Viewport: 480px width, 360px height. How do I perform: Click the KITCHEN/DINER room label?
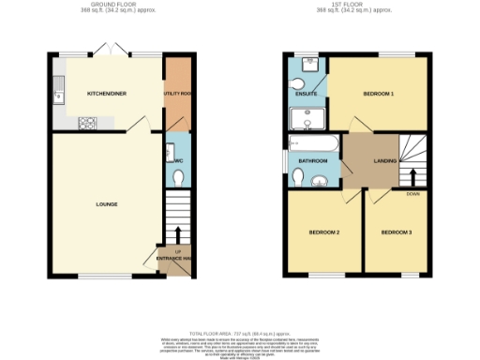tap(107, 95)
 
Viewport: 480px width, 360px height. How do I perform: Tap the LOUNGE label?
tap(106, 203)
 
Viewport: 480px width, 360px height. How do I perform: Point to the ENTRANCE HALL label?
tap(175, 259)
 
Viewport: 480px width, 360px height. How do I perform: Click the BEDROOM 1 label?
tap(379, 95)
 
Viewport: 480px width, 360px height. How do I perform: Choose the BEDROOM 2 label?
tap(324, 232)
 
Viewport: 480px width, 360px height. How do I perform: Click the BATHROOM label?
tap(313, 161)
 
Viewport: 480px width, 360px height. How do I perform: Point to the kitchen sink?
tap(59, 90)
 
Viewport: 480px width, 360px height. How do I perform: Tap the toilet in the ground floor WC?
tap(178, 176)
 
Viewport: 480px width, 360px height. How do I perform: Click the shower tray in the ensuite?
tap(305, 118)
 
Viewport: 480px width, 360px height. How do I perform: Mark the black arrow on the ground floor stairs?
tap(178, 233)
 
